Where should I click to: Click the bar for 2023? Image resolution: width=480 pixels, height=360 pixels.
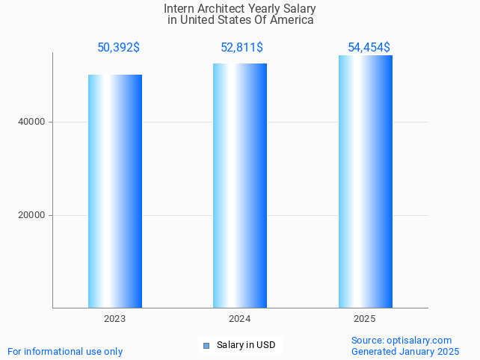[x=115, y=191]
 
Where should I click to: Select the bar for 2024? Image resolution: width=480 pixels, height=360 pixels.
[x=240, y=185]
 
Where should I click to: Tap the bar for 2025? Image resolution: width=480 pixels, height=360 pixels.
[x=365, y=181]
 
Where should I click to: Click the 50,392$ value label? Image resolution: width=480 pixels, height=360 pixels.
[x=118, y=48]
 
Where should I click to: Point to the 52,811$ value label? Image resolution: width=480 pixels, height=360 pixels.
[x=241, y=48]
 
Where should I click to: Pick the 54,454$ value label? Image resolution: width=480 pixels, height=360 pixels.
[x=369, y=48]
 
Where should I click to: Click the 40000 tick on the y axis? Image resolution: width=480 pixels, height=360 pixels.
[x=32, y=122]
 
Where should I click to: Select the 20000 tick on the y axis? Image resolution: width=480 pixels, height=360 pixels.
[x=32, y=215]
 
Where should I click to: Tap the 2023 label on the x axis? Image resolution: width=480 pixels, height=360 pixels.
[x=115, y=319]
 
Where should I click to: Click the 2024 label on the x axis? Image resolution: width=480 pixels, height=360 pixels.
[x=240, y=319]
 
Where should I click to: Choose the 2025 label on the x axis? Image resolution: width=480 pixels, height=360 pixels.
[x=365, y=319]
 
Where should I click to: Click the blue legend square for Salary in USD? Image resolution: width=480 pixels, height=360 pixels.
[x=206, y=345]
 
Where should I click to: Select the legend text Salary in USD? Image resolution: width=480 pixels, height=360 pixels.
[x=246, y=345]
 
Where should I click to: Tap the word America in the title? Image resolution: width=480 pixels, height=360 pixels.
[x=292, y=20]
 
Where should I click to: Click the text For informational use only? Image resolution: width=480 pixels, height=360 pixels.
[x=65, y=351]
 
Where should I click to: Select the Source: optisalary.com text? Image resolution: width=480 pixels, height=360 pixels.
[x=401, y=340]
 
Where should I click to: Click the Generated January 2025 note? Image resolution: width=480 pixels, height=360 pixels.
[x=405, y=351]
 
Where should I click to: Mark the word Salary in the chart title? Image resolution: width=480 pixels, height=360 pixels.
[x=298, y=9]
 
